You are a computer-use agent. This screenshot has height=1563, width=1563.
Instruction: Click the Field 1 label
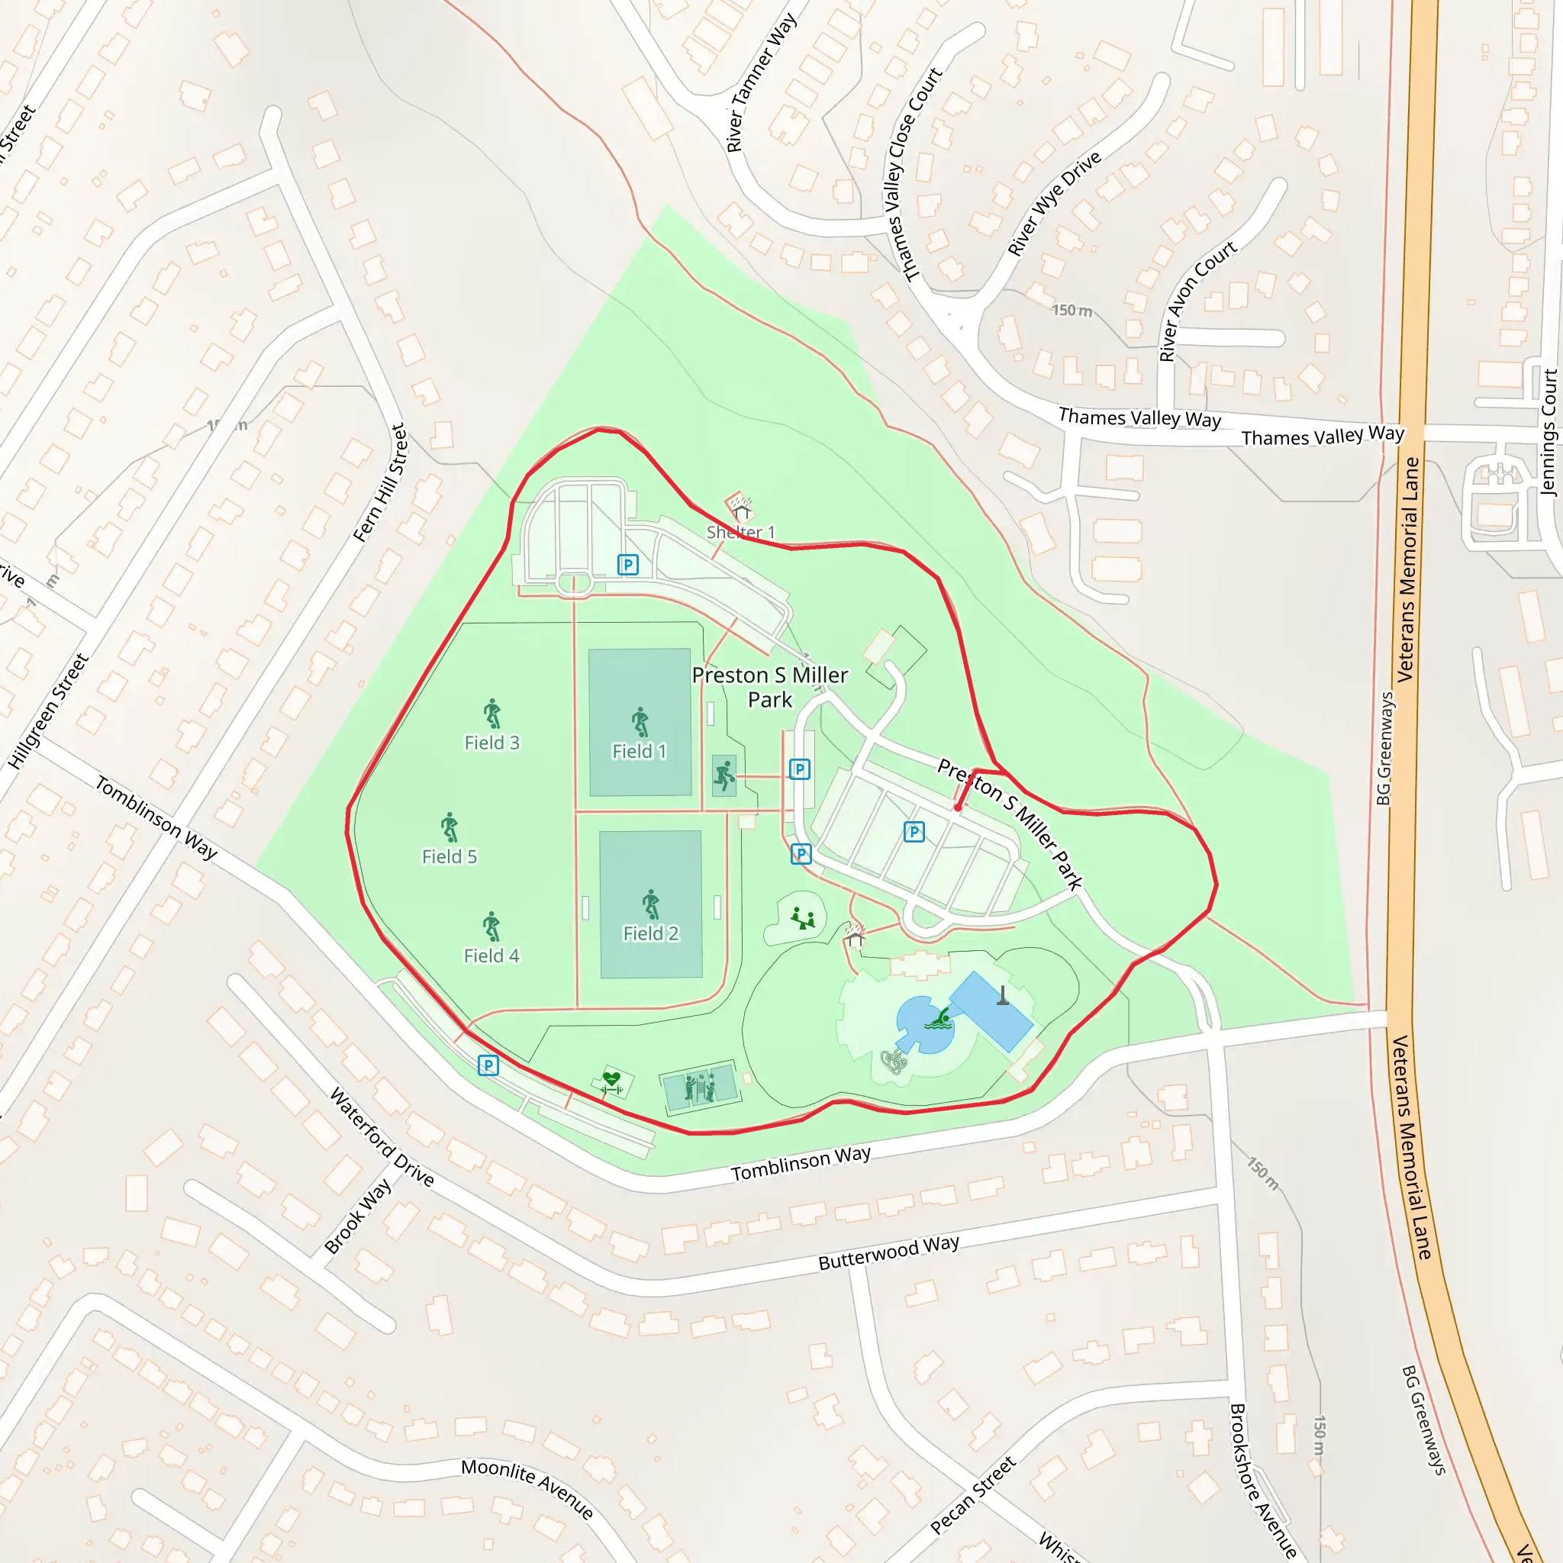(639, 752)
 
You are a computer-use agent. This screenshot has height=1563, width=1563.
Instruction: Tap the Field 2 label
(650, 933)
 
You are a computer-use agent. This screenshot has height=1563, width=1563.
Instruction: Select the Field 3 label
(492, 743)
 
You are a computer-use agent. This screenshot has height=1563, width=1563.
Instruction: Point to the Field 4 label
(491, 956)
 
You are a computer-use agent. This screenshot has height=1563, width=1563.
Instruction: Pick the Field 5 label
(449, 856)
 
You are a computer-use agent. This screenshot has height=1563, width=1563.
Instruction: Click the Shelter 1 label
(740, 533)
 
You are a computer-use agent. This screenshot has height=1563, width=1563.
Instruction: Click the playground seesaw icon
(803, 918)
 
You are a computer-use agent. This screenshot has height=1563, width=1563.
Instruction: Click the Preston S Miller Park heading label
(769, 687)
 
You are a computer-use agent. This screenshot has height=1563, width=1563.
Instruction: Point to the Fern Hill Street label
(379, 483)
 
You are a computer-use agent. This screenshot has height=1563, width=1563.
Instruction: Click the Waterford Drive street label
(382, 1136)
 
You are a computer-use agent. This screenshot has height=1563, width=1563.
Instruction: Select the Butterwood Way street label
(888, 1252)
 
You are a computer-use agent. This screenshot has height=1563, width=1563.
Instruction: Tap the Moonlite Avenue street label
(527, 1488)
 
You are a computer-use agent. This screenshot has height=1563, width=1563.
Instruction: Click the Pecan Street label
(972, 1495)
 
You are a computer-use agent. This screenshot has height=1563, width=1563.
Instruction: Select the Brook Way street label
(358, 1216)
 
